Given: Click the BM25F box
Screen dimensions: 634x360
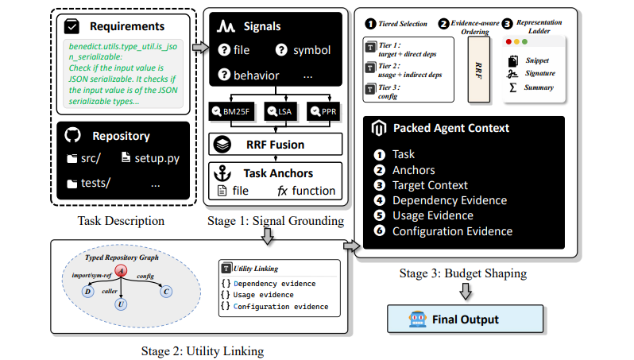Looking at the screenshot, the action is (x=232, y=111).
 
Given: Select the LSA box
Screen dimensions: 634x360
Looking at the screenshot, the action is (x=280, y=111).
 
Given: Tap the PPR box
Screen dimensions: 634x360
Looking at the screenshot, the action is (x=323, y=111).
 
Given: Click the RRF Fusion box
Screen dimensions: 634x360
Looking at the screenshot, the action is (x=276, y=145).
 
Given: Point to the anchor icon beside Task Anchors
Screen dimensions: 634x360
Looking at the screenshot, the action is (x=222, y=173).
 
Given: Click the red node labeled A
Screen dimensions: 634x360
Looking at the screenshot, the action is (x=121, y=271).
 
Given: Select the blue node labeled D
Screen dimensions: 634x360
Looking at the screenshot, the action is (x=87, y=291).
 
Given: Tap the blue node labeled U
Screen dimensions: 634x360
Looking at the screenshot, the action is (x=121, y=304).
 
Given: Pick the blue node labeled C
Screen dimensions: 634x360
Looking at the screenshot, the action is (x=166, y=291).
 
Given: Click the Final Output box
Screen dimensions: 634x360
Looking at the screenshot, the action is (x=465, y=319).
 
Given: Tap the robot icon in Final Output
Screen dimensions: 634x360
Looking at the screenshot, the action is (x=418, y=319).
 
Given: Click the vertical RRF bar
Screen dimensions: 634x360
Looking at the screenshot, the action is (x=479, y=70).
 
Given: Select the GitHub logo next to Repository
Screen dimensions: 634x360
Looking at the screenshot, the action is (x=73, y=135).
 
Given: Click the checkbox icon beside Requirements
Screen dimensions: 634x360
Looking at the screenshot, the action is (x=72, y=26).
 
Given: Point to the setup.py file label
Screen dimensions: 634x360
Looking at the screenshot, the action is (x=150, y=158).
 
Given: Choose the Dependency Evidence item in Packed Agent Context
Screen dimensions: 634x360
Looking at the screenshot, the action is (x=450, y=200).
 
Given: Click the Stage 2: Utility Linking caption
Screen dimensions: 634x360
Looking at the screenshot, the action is (x=203, y=350).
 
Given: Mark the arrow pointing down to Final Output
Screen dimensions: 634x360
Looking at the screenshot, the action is (x=466, y=291).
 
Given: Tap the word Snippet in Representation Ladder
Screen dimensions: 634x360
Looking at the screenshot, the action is (x=537, y=60).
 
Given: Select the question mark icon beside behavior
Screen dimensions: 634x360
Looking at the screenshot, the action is (x=224, y=75).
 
